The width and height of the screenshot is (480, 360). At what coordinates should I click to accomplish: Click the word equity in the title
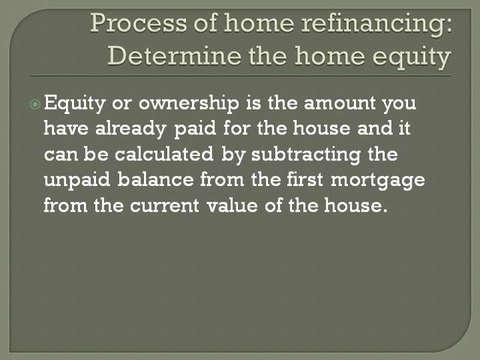pos(411,56)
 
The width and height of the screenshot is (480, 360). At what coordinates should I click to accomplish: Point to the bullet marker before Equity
pos(35,104)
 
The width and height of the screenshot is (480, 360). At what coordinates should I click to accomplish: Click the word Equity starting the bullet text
pos(75,103)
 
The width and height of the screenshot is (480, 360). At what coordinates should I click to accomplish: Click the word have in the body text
pos(69,130)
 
